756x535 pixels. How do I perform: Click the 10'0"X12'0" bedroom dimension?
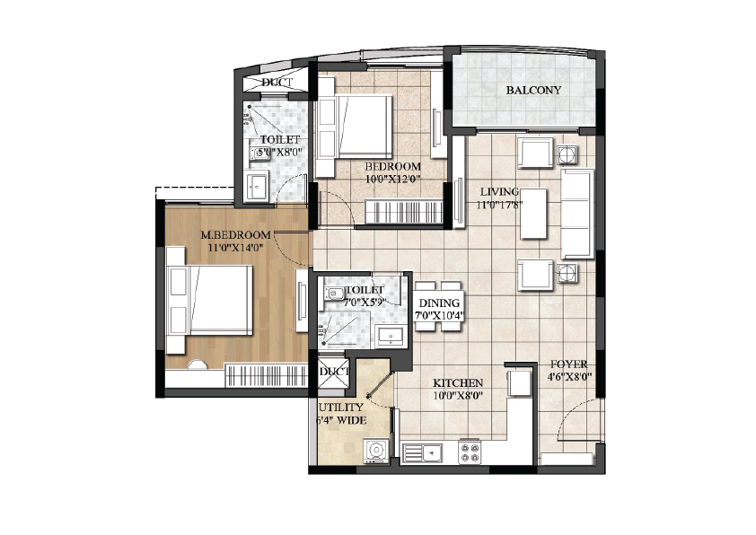point(392,180)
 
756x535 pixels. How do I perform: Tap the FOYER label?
point(567,364)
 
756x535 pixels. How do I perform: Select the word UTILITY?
point(335,407)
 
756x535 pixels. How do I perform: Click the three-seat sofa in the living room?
point(576,212)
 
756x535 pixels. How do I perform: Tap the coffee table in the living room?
point(533,213)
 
